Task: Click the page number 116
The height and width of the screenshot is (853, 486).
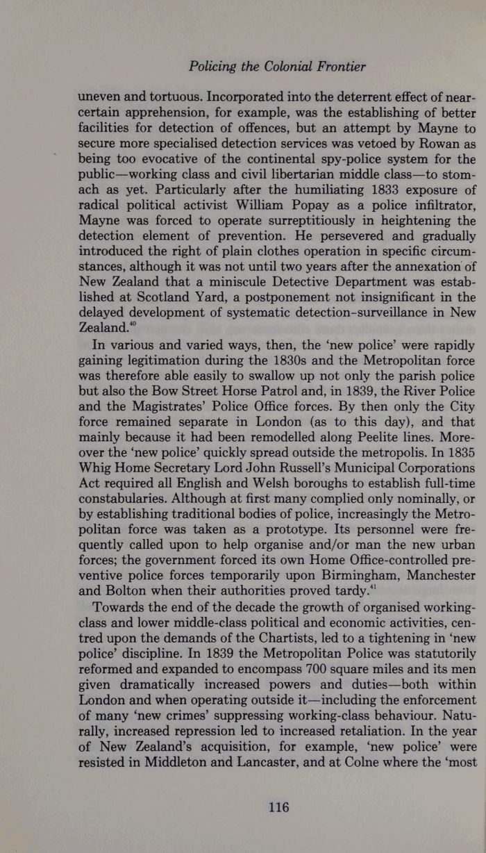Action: pyautogui.click(x=278, y=806)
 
